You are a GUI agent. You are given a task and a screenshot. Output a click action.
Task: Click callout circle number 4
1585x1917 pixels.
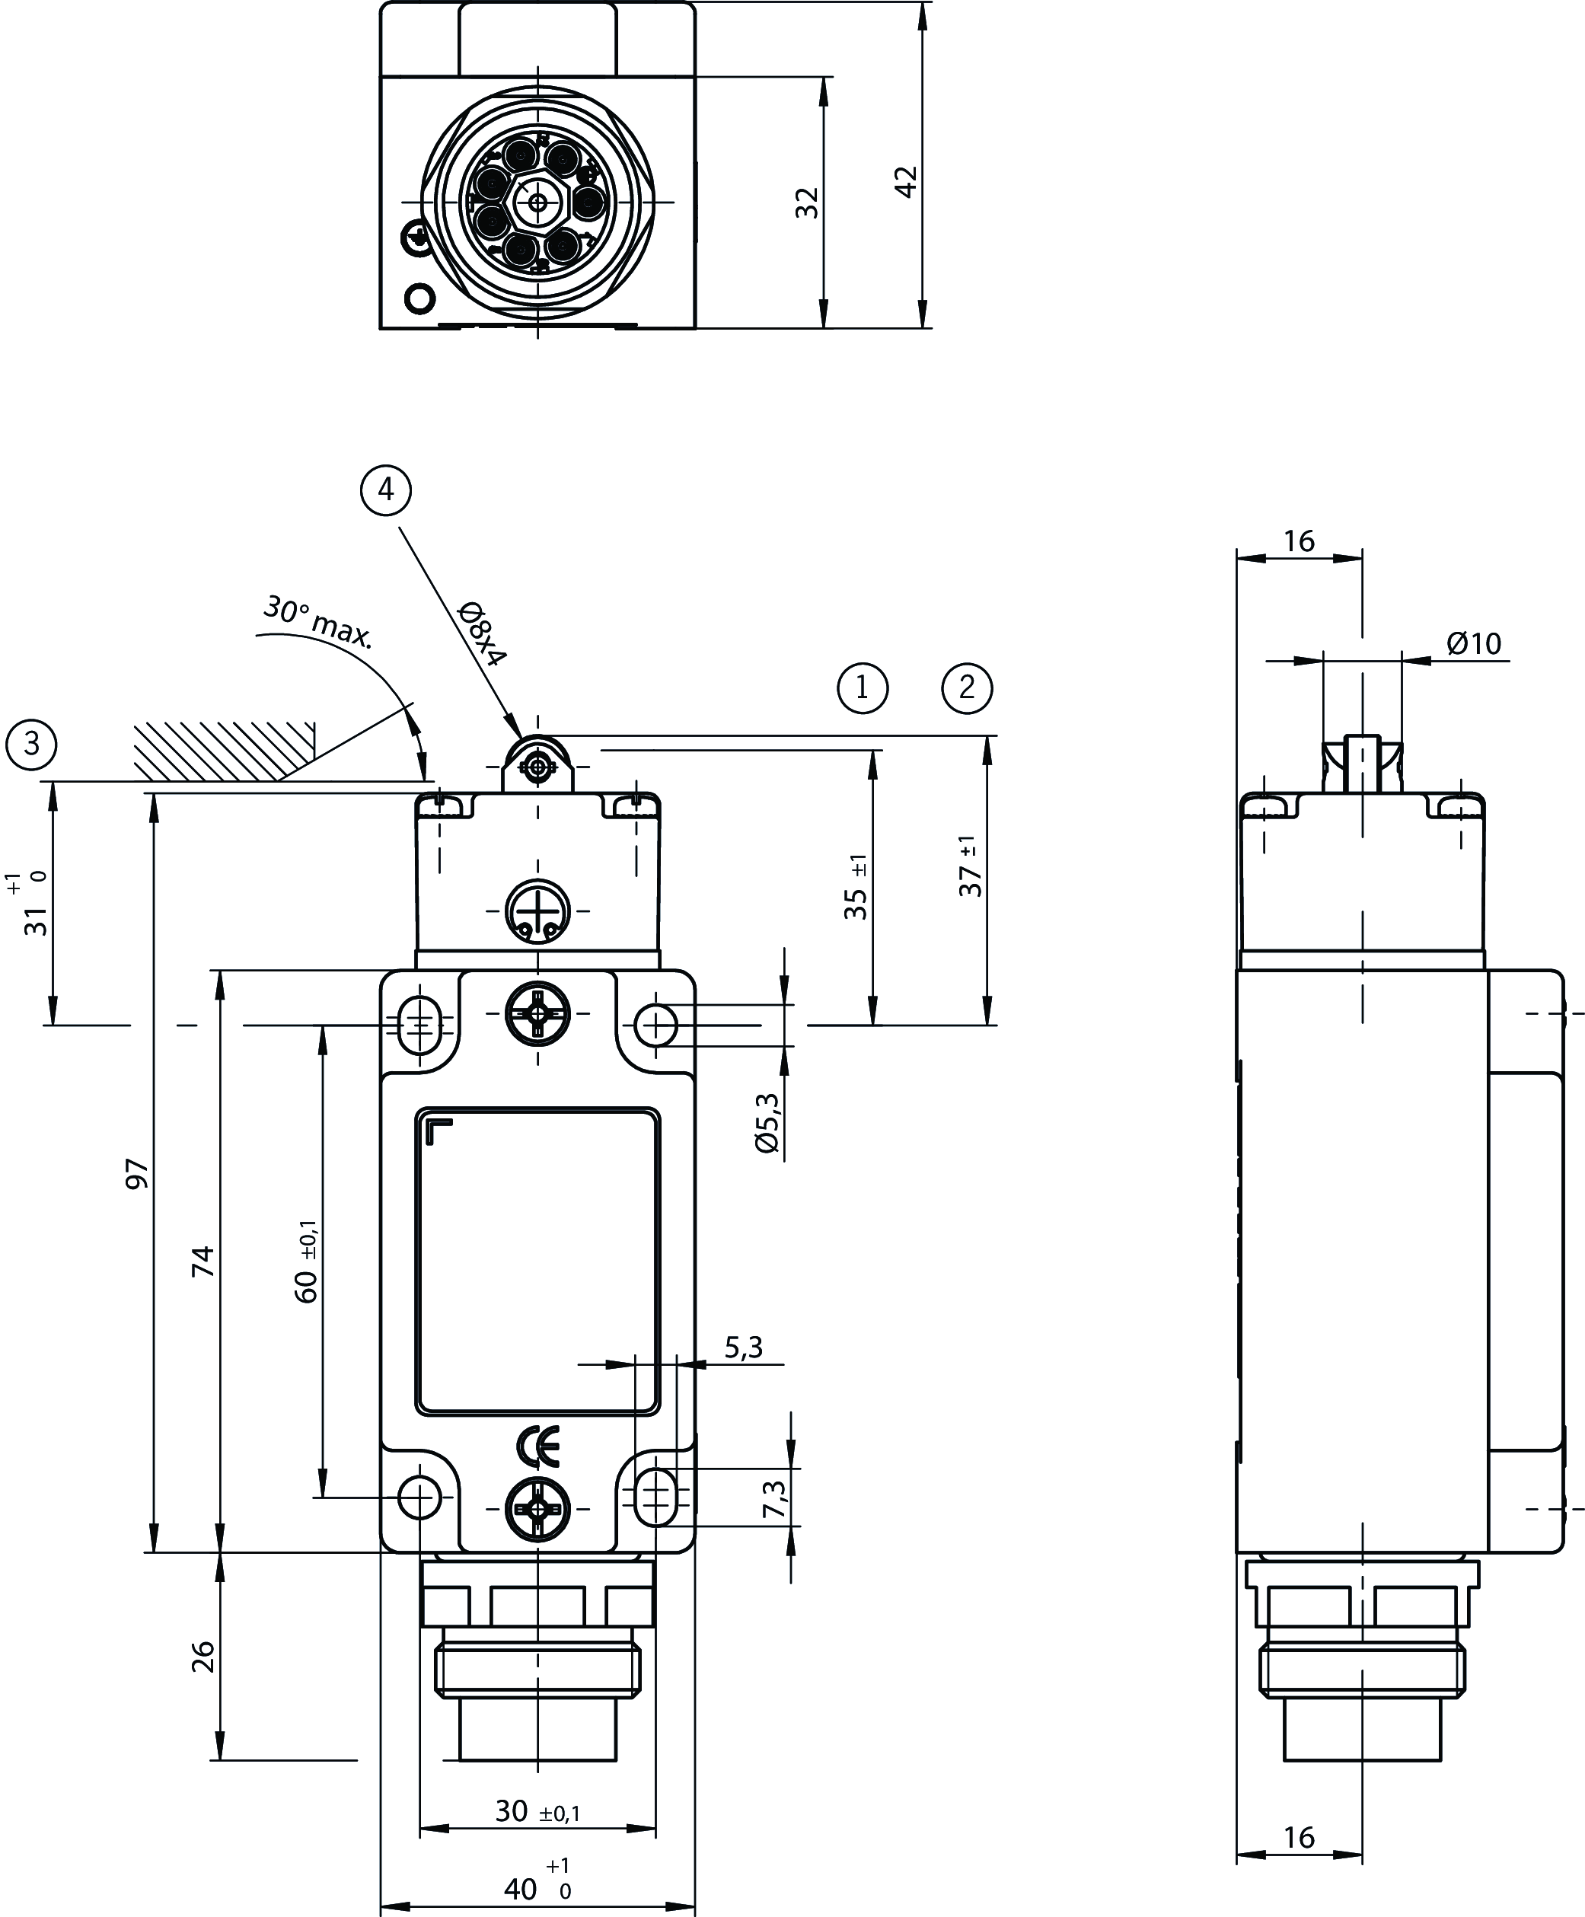(x=386, y=491)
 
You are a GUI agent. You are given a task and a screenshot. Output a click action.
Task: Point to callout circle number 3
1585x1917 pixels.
(x=32, y=744)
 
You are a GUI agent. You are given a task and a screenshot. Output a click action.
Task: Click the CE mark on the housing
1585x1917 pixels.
(x=537, y=1446)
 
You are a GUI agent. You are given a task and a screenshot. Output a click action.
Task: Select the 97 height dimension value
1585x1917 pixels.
(x=136, y=1173)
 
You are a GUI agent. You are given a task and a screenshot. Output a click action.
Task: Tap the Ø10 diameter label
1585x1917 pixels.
(x=1474, y=643)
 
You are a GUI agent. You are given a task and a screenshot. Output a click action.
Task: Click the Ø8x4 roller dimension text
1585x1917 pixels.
(x=481, y=633)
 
